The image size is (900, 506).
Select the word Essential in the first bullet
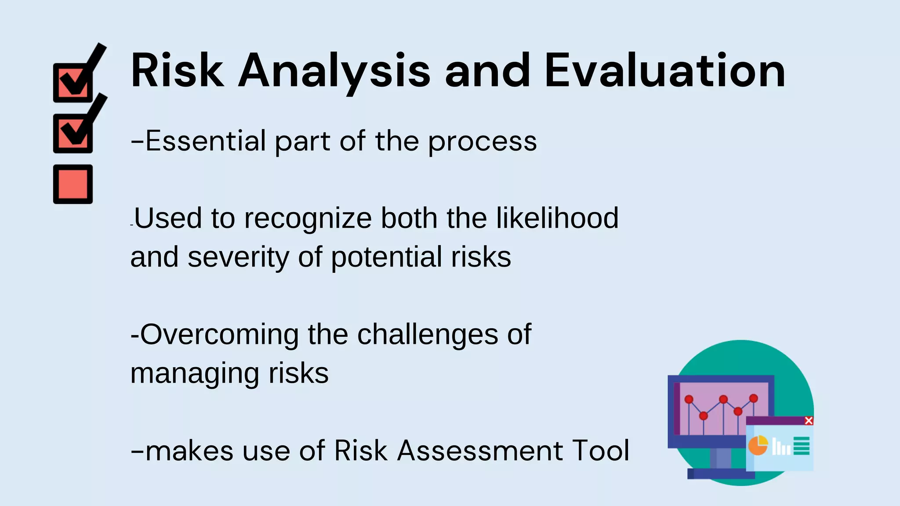(206, 141)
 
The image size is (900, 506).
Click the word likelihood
(557, 218)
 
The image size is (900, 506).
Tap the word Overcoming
(219, 335)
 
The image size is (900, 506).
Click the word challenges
(427, 335)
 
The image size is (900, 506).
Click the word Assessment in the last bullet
(480, 451)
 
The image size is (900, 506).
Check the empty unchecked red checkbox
(73, 184)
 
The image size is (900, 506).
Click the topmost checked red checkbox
(73, 83)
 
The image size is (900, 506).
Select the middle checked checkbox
(73, 133)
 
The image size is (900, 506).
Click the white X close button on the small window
(809, 421)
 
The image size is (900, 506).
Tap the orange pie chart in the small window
(758, 445)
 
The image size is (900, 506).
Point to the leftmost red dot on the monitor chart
(689, 399)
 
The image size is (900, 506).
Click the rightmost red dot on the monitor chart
(754, 398)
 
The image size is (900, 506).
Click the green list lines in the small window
(802, 446)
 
